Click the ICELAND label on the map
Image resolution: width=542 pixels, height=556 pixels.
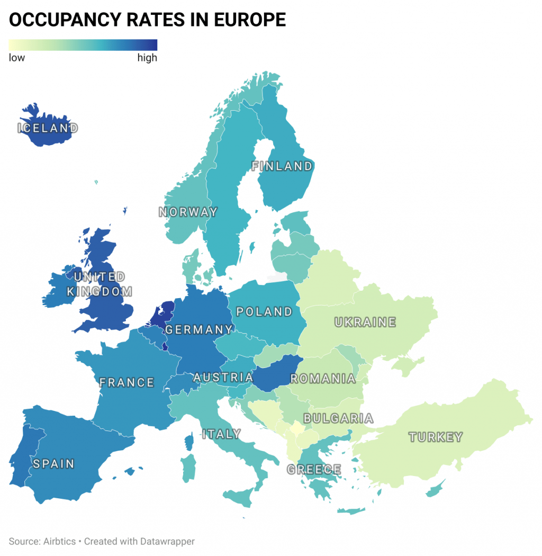click(x=48, y=128)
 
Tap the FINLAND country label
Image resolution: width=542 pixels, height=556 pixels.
click(x=282, y=166)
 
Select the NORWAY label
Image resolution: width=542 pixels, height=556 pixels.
click(x=188, y=212)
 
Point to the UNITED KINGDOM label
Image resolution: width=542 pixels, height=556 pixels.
click(x=100, y=284)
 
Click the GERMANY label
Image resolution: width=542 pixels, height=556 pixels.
click(x=198, y=330)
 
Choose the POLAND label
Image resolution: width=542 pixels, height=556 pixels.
click(x=264, y=312)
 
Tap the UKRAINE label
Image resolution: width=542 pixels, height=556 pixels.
click(x=365, y=322)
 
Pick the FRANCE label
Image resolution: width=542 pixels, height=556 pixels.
click(x=127, y=382)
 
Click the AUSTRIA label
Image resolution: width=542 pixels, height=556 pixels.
click(x=223, y=378)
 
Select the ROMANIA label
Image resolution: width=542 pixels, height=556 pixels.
click(x=323, y=379)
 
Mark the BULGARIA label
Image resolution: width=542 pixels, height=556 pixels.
click(x=338, y=419)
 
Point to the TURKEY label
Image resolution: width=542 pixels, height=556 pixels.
click(x=436, y=437)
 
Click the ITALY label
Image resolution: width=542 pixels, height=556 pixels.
click(x=221, y=434)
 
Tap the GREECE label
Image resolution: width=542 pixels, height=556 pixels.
click(x=314, y=469)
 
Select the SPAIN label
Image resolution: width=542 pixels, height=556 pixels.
click(x=53, y=464)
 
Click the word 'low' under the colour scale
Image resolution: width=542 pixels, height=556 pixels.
click(x=17, y=58)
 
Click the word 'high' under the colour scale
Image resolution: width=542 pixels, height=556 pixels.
click(x=147, y=58)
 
